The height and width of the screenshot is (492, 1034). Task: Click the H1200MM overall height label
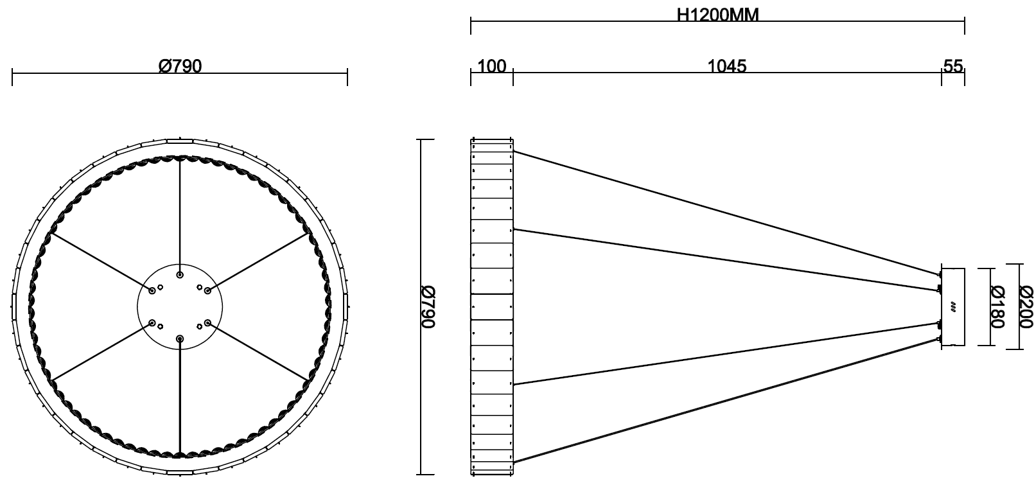pos(717,15)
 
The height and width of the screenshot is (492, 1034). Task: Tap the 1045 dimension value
pos(726,66)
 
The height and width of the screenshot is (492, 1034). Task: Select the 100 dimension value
pos(491,66)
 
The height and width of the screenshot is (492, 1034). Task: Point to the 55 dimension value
pos(953,66)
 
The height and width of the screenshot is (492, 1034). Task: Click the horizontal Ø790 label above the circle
pos(180,66)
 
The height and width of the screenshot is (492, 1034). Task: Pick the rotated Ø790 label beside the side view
pos(428,307)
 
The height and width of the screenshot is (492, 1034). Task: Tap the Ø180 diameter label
pos(998,307)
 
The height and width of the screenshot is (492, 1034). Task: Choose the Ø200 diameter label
pos(1026,307)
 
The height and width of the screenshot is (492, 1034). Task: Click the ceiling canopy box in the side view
pos(953,307)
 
